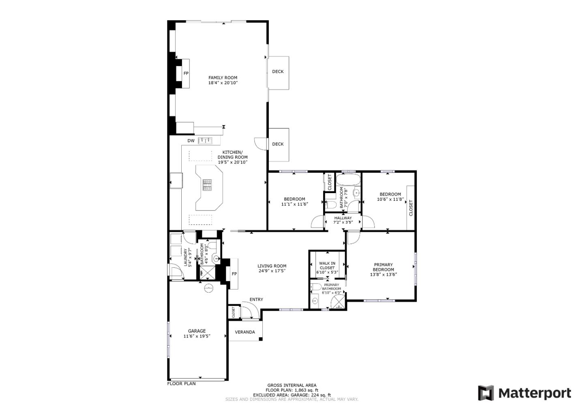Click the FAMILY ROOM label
pyautogui.click(x=223, y=77)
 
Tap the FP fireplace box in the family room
pyautogui.click(x=186, y=73)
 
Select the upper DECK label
pyautogui.click(x=278, y=72)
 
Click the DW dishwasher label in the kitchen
pyautogui.click(x=191, y=141)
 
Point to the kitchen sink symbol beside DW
pyautogui.click(x=206, y=141)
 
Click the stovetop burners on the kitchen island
pyautogui.click(x=207, y=185)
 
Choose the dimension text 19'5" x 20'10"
pyautogui.click(x=233, y=162)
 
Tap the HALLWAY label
pyautogui.click(x=343, y=218)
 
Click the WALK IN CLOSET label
pyautogui.click(x=327, y=265)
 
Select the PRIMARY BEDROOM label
pyautogui.click(x=383, y=267)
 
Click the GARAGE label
pyautogui.click(x=197, y=331)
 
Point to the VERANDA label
pyautogui.click(x=245, y=332)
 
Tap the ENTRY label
pyautogui.click(x=256, y=300)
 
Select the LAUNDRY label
pyautogui.click(x=186, y=257)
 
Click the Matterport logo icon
pyautogui.click(x=486, y=393)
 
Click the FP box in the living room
pyautogui.click(x=234, y=274)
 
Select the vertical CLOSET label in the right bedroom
pyautogui.click(x=411, y=208)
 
